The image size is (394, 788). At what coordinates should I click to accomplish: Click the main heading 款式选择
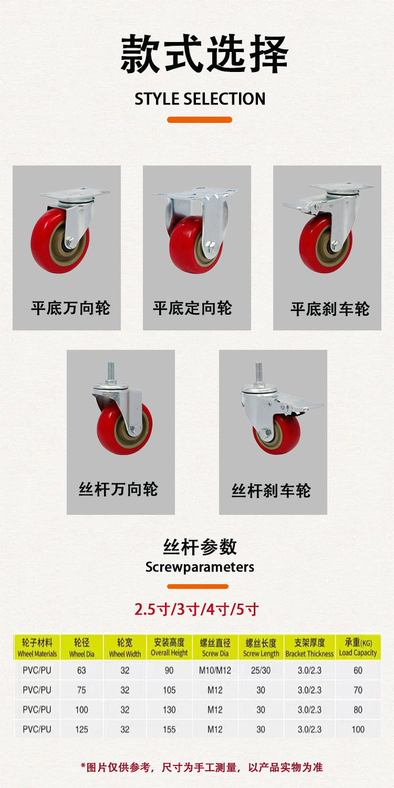point(204,54)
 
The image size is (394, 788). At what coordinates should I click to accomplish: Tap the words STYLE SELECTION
point(200,99)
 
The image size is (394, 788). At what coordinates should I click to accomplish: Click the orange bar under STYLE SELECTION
point(200,120)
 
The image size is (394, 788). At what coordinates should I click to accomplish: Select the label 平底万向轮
point(70,308)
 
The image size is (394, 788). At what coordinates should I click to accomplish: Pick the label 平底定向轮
point(192,308)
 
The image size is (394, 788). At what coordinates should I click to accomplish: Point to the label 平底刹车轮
point(330,309)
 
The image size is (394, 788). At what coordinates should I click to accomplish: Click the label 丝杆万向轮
point(118,490)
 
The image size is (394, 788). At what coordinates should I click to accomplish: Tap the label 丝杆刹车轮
point(271,491)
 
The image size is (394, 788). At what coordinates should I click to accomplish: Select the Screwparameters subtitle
point(200,567)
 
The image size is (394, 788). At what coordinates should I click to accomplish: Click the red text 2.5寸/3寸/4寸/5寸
point(197,609)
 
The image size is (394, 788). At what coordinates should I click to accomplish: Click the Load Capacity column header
point(358,648)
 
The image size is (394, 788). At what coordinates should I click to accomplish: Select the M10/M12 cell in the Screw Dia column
point(215,670)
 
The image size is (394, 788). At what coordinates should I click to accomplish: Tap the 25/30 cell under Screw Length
point(261,670)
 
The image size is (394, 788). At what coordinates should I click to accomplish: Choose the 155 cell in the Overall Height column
point(169,729)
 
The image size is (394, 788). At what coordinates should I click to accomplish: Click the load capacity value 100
point(358,729)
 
